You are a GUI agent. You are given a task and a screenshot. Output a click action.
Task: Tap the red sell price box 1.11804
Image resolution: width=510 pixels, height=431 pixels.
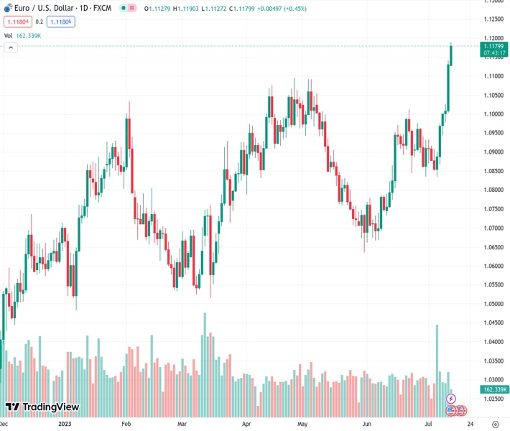click(18, 22)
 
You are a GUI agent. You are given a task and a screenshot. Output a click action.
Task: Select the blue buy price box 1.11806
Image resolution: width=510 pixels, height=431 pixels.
click(62, 22)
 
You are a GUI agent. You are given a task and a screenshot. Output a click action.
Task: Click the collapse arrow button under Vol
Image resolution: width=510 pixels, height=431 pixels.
click(11, 47)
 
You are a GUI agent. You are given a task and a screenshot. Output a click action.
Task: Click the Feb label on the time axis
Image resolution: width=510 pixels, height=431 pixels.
click(125, 424)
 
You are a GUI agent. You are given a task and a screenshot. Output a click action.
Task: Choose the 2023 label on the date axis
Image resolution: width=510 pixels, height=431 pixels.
click(65, 424)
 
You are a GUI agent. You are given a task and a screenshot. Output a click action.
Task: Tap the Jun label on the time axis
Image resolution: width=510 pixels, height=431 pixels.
click(366, 424)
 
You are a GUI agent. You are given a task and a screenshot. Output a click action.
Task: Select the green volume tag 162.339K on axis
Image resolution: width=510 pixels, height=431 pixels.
click(492, 389)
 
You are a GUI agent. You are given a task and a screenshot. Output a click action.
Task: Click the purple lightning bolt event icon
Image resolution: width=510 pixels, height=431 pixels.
click(451, 398)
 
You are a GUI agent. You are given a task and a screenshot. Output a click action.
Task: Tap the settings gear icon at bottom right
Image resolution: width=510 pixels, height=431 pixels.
click(495, 424)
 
